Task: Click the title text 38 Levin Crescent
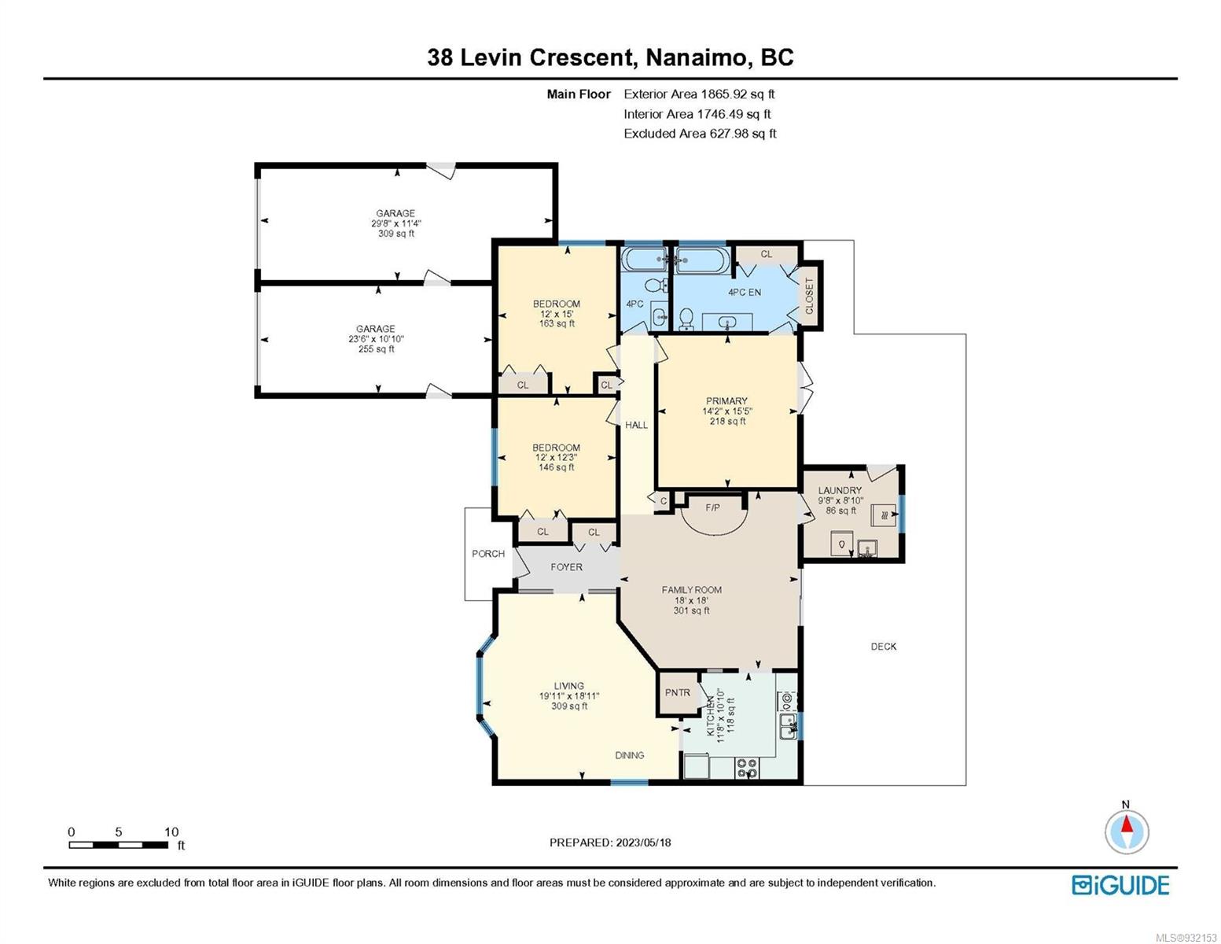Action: pyautogui.click(x=531, y=57)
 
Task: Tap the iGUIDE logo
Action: pyautogui.click(x=1120, y=885)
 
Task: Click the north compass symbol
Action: pyautogui.click(x=1127, y=831)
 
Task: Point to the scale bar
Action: pyautogui.click(x=119, y=844)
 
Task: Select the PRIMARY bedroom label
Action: pyautogui.click(x=726, y=401)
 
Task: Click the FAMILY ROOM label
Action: pyautogui.click(x=691, y=590)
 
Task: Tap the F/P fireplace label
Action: pyautogui.click(x=712, y=507)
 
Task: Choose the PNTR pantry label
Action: pyautogui.click(x=677, y=693)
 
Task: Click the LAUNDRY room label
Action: pyautogui.click(x=840, y=490)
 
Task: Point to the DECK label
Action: pyautogui.click(x=883, y=647)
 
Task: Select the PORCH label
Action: pyautogui.click(x=488, y=554)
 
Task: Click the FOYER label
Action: pyautogui.click(x=566, y=567)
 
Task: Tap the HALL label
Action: pyautogui.click(x=636, y=425)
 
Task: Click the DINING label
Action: pyautogui.click(x=629, y=755)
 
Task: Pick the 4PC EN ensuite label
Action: pyautogui.click(x=745, y=293)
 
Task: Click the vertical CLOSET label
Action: pyautogui.click(x=809, y=296)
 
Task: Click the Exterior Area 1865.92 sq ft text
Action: pyautogui.click(x=699, y=94)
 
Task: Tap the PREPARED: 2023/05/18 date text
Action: pyautogui.click(x=610, y=843)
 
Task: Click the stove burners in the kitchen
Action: pyautogui.click(x=747, y=768)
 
